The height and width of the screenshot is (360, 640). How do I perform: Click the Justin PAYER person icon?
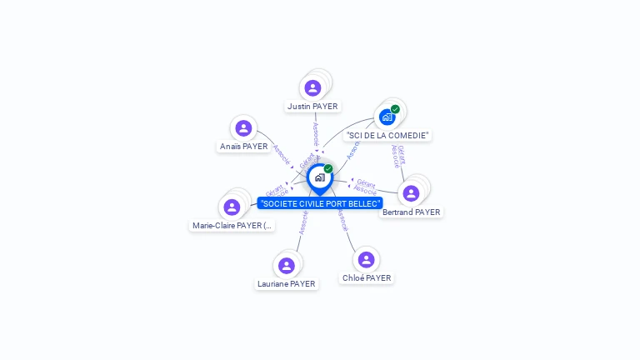(x=312, y=87)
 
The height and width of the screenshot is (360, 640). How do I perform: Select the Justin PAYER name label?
(x=312, y=107)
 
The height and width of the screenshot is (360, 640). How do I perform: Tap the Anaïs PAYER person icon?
(x=243, y=127)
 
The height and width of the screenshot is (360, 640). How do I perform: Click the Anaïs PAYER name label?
(x=243, y=147)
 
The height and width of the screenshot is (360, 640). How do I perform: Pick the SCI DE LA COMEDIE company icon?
(x=387, y=117)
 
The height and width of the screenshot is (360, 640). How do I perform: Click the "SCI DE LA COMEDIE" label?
(x=387, y=135)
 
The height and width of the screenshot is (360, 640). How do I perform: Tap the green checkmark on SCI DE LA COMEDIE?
(x=395, y=109)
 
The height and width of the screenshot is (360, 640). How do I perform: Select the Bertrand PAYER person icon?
(x=411, y=193)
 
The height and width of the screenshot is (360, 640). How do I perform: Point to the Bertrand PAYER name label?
(x=411, y=212)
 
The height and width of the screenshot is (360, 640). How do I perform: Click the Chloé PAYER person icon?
(x=366, y=259)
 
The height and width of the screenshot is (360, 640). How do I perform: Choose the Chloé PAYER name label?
(x=366, y=278)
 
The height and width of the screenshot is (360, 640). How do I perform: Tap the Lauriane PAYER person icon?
(x=287, y=265)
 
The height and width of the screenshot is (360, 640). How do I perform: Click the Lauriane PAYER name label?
(x=287, y=284)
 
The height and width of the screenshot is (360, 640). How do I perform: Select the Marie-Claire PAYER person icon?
(x=232, y=207)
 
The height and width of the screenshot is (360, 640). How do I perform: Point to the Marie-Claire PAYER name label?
(x=232, y=226)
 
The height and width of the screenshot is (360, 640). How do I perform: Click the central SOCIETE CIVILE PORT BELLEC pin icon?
(x=319, y=177)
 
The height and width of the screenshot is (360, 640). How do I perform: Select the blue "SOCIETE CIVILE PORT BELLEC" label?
(x=320, y=203)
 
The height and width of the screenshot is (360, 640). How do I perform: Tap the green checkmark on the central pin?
(x=328, y=169)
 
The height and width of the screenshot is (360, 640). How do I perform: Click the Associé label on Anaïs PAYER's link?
(x=282, y=154)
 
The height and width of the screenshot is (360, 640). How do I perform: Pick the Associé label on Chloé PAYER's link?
(x=342, y=220)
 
